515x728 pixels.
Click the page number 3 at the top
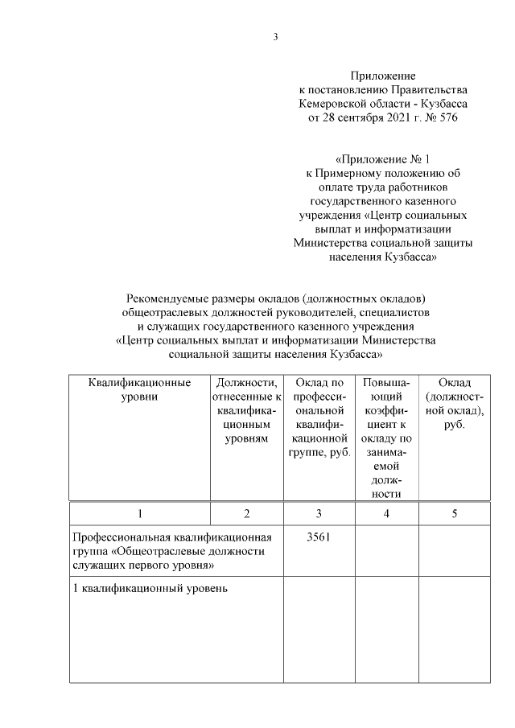[275, 36]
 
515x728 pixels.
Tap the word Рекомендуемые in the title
[169, 299]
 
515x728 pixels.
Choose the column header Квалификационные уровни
[139, 389]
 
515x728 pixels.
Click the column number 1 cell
[139, 514]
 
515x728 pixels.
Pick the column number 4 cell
[386, 514]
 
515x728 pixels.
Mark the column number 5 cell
[455, 514]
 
